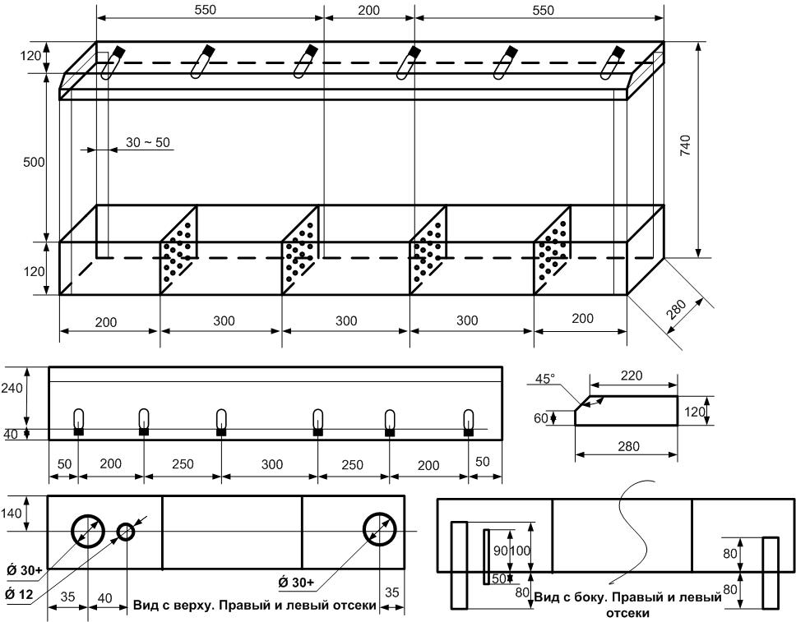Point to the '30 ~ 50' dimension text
click(148, 142)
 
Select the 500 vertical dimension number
click(35, 162)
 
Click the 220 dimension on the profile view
click(632, 376)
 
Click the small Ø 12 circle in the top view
click(126, 532)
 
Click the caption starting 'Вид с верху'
click(255, 606)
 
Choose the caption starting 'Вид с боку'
click(627, 604)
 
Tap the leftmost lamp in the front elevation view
click(79, 420)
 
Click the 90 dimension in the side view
click(499, 550)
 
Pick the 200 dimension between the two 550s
click(369, 10)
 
